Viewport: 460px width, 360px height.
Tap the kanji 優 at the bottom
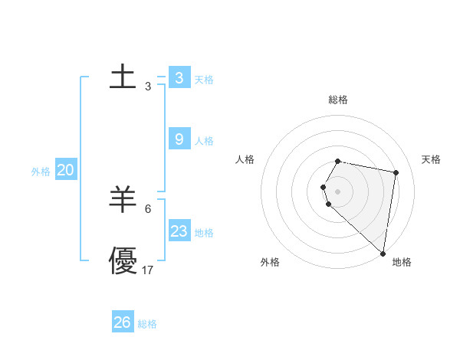tap(123, 260)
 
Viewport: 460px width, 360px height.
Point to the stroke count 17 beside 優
tap(148, 270)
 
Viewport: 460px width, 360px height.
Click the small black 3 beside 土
tap(148, 87)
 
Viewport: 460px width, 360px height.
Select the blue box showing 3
tap(179, 77)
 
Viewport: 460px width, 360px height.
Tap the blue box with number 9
tap(179, 139)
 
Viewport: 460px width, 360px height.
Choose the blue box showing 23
tap(179, 231)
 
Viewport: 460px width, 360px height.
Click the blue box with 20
tap(65, 170)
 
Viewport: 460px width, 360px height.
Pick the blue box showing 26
tap(123, 322)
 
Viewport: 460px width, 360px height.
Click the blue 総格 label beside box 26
tap(147, 324)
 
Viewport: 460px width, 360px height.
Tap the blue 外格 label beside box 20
tap(41, 172)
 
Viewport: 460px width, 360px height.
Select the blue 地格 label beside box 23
tap(204, 233)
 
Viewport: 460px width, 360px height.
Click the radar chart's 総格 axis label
tap(338, 100)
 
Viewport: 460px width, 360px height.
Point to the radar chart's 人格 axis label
tap(245, 159)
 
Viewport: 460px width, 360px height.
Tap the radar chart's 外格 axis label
tap(270, 262)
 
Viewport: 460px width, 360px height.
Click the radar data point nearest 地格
tap(383, 253)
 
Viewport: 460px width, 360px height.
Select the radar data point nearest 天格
tap(396, 173)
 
